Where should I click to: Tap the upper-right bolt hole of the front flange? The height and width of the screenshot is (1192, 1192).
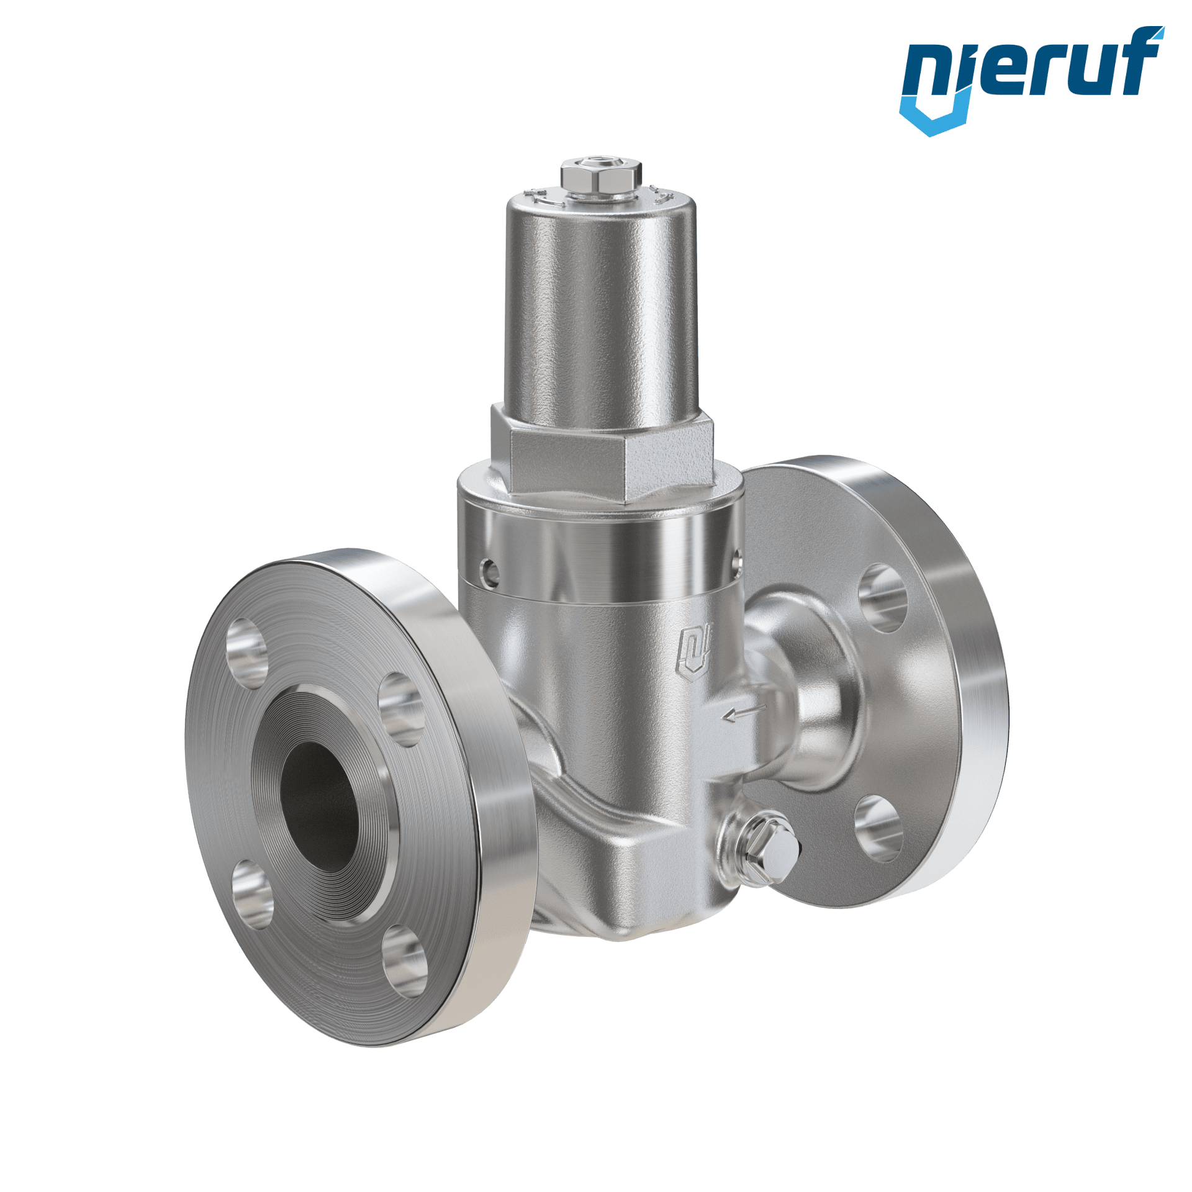[x=401, y=711]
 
